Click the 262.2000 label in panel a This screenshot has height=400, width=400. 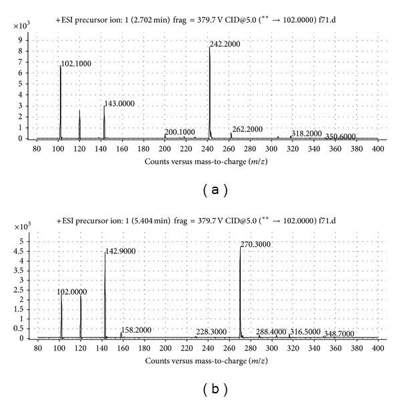(247, 129)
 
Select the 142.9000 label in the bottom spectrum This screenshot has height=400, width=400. (120, 251)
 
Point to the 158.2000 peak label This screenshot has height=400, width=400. (137, 329)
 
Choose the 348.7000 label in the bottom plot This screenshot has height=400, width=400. (339, 333)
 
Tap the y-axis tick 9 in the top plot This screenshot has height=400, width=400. (29, 41)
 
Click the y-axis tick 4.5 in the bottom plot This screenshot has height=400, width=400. (26, 251)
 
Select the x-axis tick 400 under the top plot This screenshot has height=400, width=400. (377, 148)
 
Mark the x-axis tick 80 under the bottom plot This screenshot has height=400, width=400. (39, 348)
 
